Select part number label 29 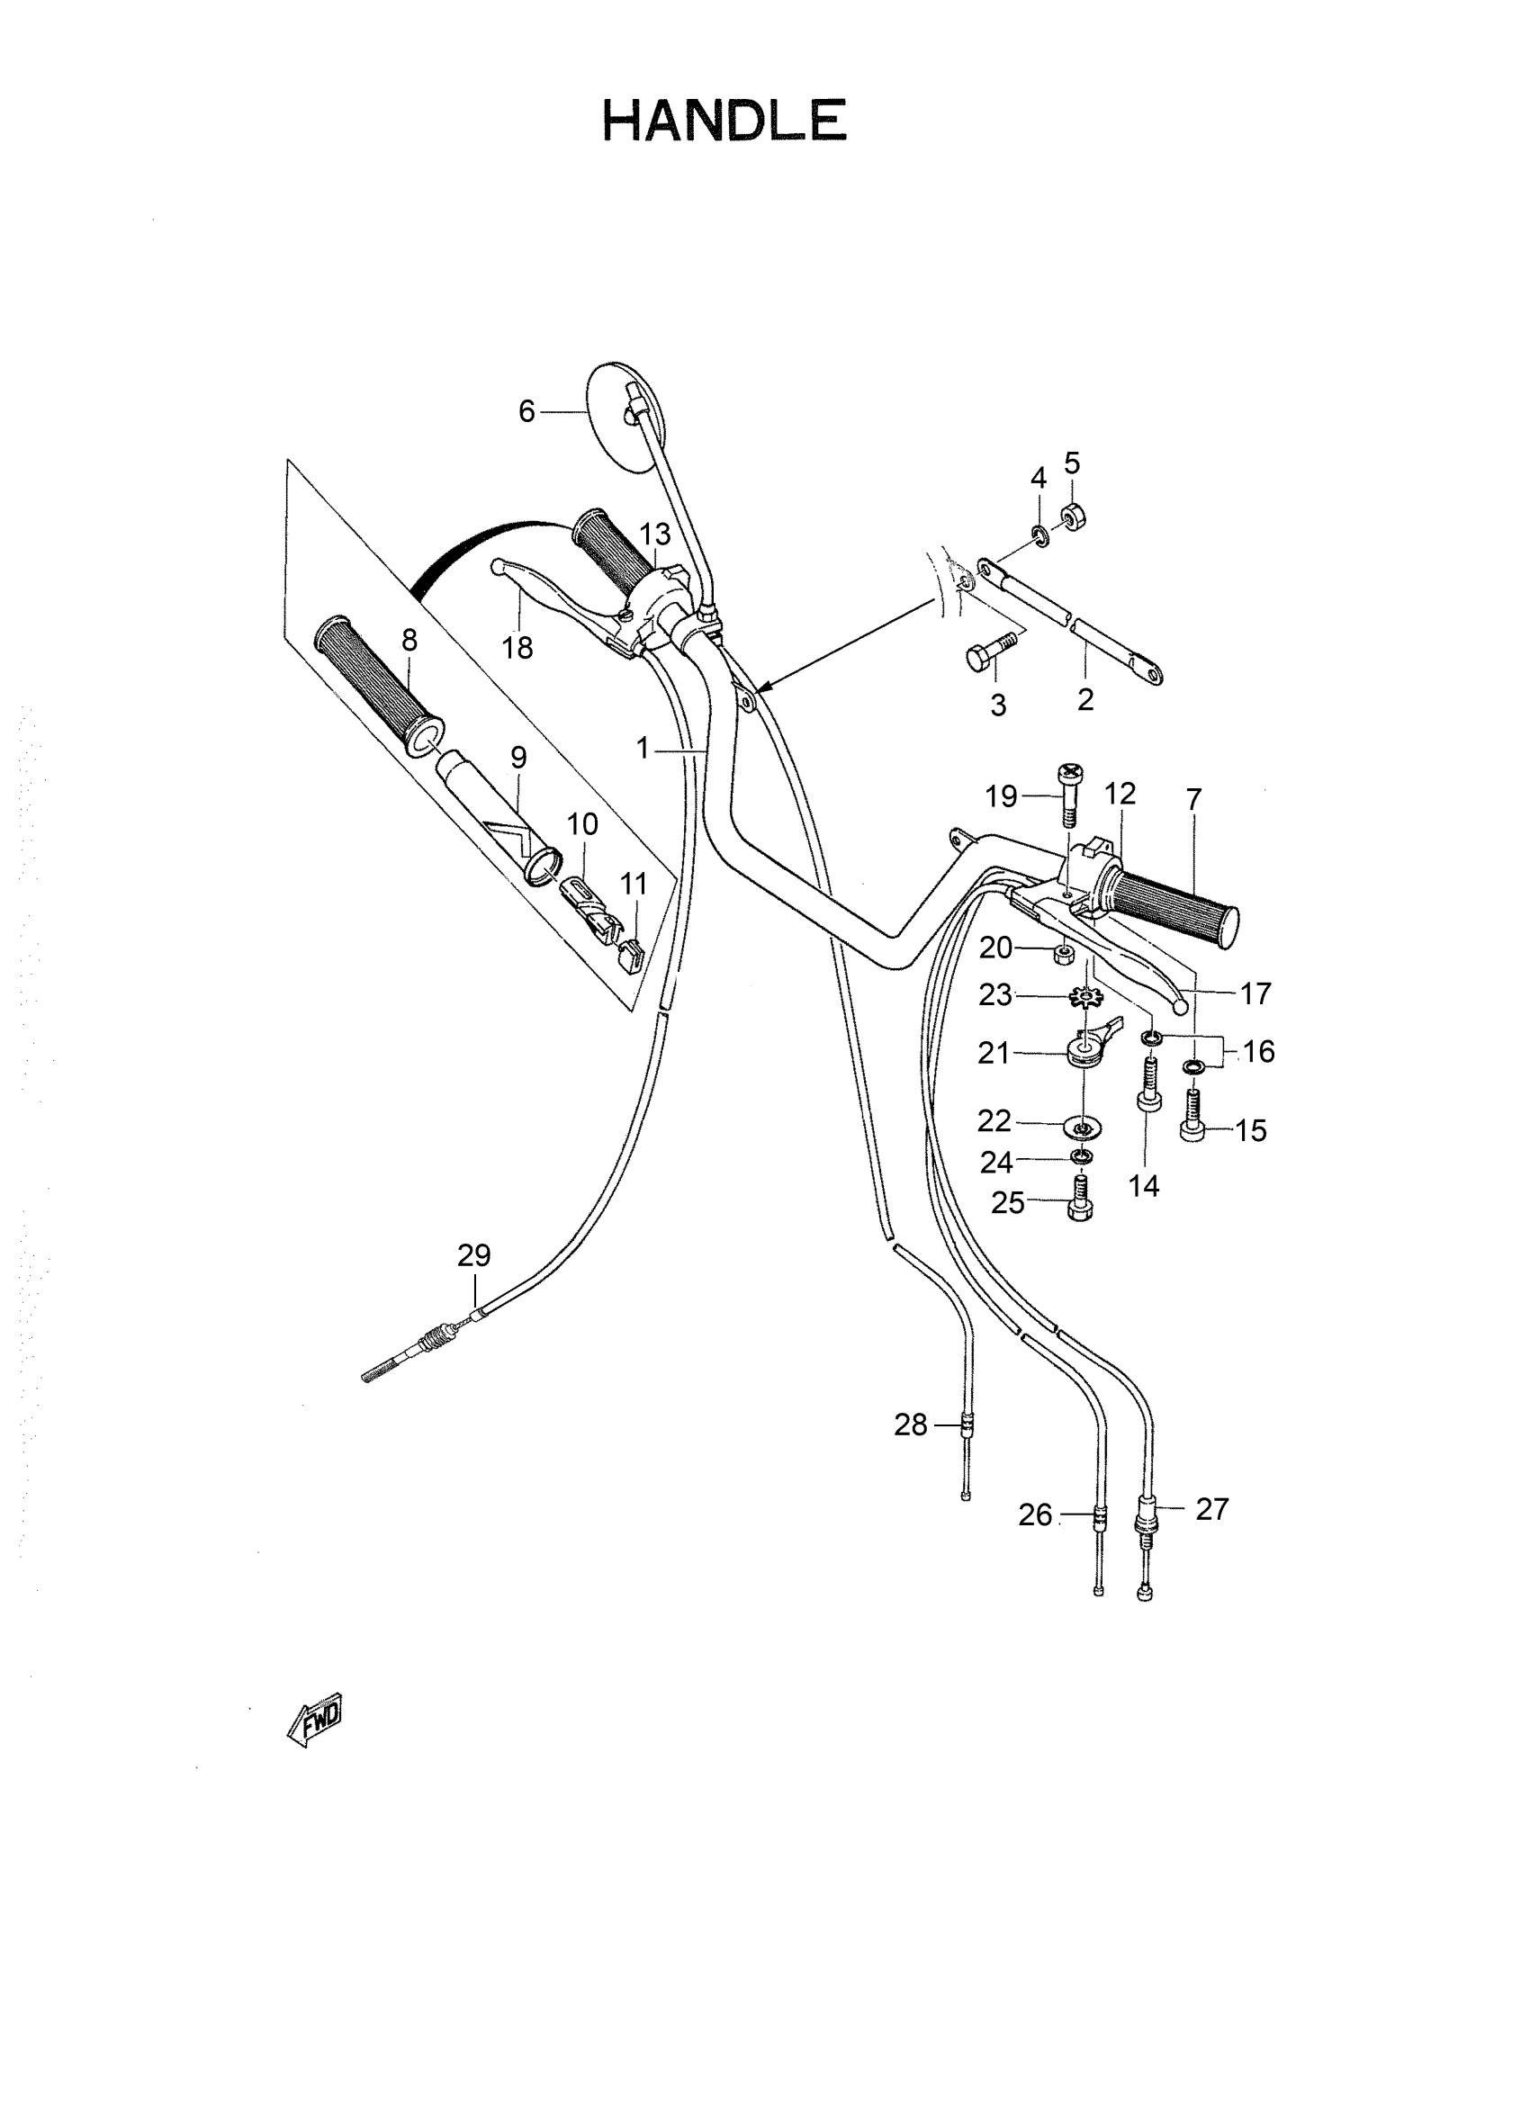tap(474, 1256)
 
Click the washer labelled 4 tap(1039, 536)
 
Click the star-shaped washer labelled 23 tap(1084, 998)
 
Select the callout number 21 tap(994, 1053)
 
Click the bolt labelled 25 tap(1080, 1200)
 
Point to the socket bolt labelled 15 tap(1192, 1118)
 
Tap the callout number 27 tap(1211, 1508)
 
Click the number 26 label tap(1035, 1515)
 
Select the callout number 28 tap(911, 1424)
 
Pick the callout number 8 tap(409, 641)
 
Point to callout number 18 tap(517, 647)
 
